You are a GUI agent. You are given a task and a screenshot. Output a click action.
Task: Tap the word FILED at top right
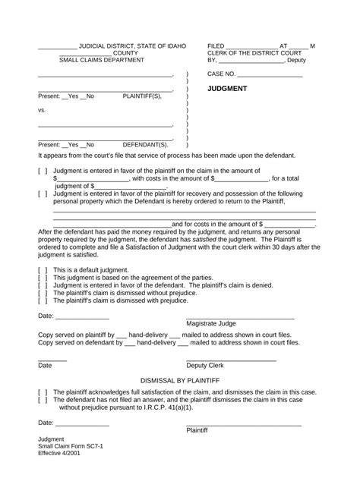[217, 46]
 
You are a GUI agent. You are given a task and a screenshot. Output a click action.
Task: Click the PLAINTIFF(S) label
[142, 97]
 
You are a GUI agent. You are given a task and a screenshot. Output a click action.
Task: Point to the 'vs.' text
[43, 110]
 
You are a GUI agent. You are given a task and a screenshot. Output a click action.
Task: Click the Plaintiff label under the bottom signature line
[197, 430]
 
